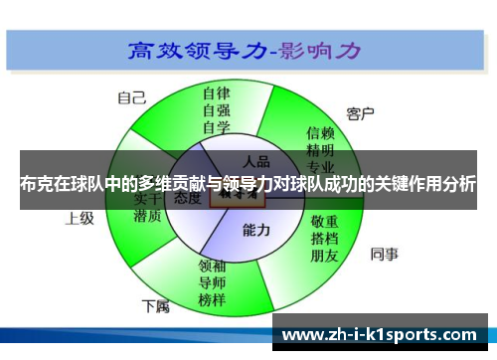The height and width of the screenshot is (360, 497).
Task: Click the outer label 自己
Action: point(131,97)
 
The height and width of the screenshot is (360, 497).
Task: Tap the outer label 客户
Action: point(360,113)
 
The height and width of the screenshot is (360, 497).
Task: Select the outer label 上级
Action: point(80,217)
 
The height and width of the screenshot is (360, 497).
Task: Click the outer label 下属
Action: point(155,304)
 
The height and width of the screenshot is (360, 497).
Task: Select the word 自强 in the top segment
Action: point(216,109)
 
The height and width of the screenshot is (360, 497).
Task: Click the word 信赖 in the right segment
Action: point(320,131)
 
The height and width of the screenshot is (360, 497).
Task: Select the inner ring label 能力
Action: point(256,230)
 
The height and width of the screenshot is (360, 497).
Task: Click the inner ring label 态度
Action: point(188,199)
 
